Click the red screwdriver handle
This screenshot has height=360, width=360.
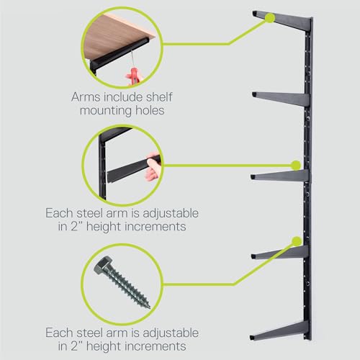pos(134,76)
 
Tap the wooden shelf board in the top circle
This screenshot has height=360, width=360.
pos(115,36)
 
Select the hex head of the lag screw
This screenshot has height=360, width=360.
pos(103,266)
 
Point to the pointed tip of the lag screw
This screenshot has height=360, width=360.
pos(149,307)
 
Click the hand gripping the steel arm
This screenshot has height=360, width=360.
pos(153,167)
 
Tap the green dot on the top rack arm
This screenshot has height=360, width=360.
pos(270,17)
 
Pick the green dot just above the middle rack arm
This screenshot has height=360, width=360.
pos(296,165)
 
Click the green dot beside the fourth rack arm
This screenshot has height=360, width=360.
pos(297,241)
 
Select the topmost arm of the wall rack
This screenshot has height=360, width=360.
pos(282,20)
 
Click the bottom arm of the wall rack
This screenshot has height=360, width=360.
pos(280,330)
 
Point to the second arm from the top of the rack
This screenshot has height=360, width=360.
pos(281,99)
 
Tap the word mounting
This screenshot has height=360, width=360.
pos(106,112)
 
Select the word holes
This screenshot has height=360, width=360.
pos(150,110)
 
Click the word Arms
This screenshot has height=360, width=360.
pos(86,97)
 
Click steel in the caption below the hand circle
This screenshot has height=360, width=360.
pos(89,213)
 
